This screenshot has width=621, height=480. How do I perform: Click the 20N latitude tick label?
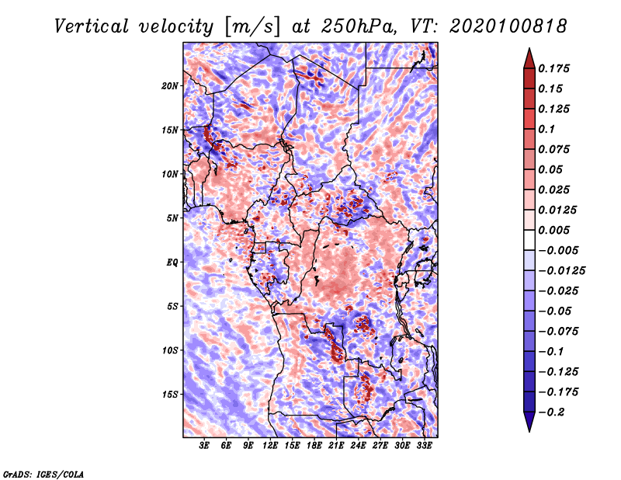click(170, 85)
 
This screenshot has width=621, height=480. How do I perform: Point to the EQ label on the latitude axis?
click(172, 262)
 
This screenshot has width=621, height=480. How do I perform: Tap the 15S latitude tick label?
click(170, 394)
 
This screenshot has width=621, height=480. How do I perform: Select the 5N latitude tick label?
click(172, 217)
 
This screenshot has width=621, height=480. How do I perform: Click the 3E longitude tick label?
click(205, 447)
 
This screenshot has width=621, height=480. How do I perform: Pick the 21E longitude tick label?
click(337, 447)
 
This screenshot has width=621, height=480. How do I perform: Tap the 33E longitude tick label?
click(425, 447)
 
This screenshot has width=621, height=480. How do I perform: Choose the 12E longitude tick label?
click(271, 447)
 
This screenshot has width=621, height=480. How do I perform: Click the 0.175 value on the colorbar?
click(556, 68)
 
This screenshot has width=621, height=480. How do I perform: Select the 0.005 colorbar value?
click(556, 230)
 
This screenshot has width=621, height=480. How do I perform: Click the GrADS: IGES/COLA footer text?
click(43, 472)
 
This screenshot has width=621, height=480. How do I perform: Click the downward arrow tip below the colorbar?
click(528, 428)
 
